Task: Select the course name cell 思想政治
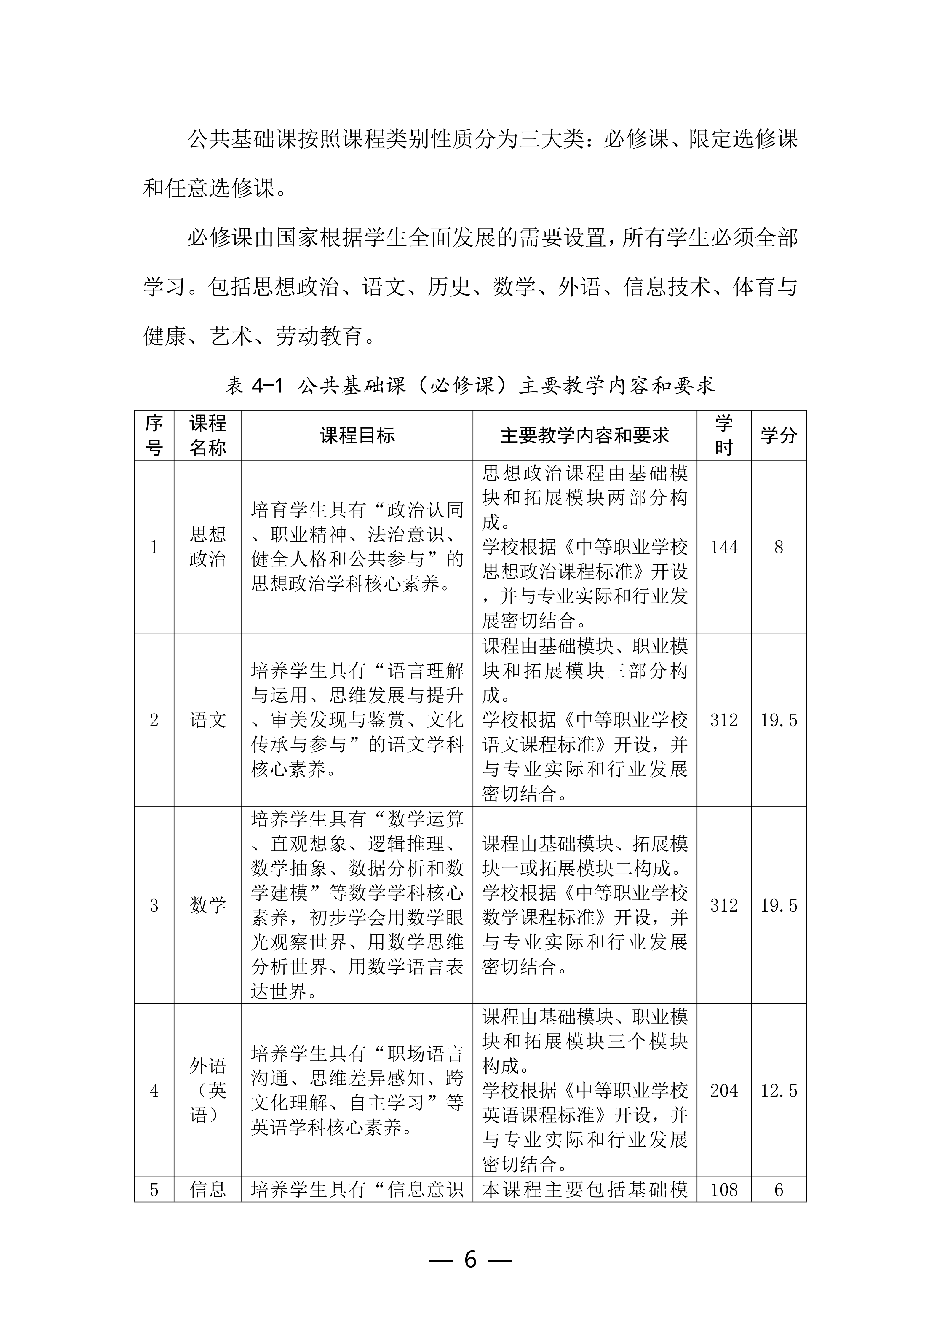(x=207, y=547)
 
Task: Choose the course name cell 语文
(x=207, y=720)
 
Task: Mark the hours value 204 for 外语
(x=724, y=1090)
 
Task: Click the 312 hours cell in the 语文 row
(x=724, y=720)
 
